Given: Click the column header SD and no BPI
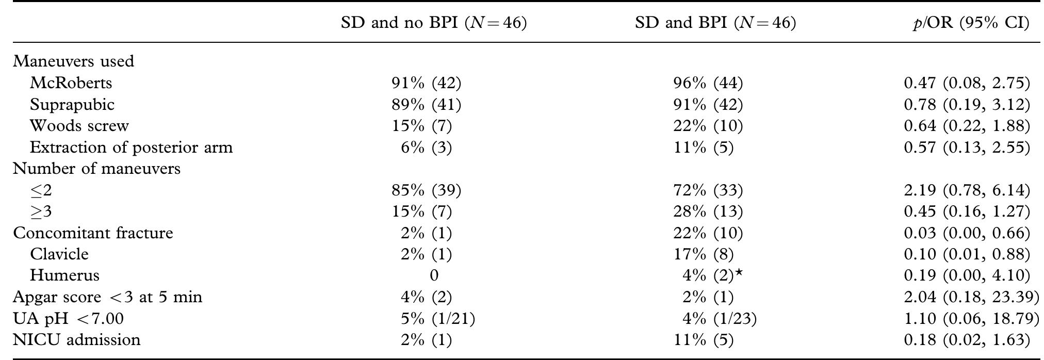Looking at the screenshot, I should pyautogui.click(x=433, y=23).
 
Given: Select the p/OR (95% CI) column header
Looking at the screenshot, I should pyautogui.click(x=970, y=23).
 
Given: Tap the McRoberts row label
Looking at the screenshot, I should pyautogui.click(x=71, y=83).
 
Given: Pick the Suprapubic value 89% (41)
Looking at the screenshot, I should pyautogui.click(x=426, y=104).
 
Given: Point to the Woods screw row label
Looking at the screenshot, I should pyautogui.click(x=79, y=126).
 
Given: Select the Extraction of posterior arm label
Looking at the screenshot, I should pyautogui.click(x=131, y=148).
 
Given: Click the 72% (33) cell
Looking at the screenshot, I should pyautogui.click(x=708, y=190).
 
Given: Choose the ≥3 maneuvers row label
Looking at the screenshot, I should pyautogui.click(x=41, y=212).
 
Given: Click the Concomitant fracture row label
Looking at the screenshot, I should pyautogui.click(x=93, y=233).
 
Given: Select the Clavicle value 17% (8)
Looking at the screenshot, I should pyautogui.click(x=703, y=254).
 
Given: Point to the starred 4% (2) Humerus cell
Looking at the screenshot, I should pyautogui.click(x=712, y=275).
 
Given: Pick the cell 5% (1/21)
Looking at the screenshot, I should pyautogui.click(x=437, y=319).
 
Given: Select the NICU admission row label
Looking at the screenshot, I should pyautogui.click(x=76, y=340).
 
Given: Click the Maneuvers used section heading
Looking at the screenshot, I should pyautogui.click(x=73, y=61).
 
